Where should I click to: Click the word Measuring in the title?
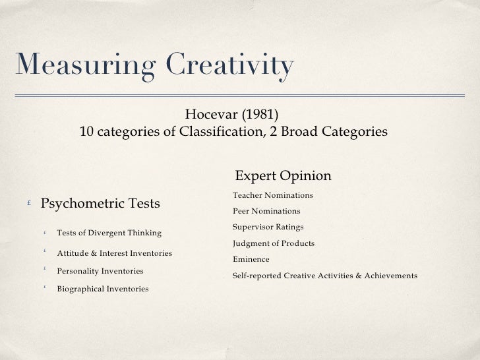[82, 66]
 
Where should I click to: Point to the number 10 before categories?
[86, 132]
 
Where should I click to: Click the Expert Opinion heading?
[283, 176]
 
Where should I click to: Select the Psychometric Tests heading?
[100, 204]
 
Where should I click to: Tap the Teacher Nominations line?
[273, 196]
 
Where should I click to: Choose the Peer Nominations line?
[266, 212]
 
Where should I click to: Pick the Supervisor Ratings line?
[268, 227]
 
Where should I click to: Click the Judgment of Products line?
[274, 243]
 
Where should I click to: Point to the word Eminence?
[251, 259]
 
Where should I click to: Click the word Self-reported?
[257, 276]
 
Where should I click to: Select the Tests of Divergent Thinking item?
[109, 233]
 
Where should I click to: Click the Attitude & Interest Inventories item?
[115, 253]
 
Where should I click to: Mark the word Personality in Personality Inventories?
[78, 271]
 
